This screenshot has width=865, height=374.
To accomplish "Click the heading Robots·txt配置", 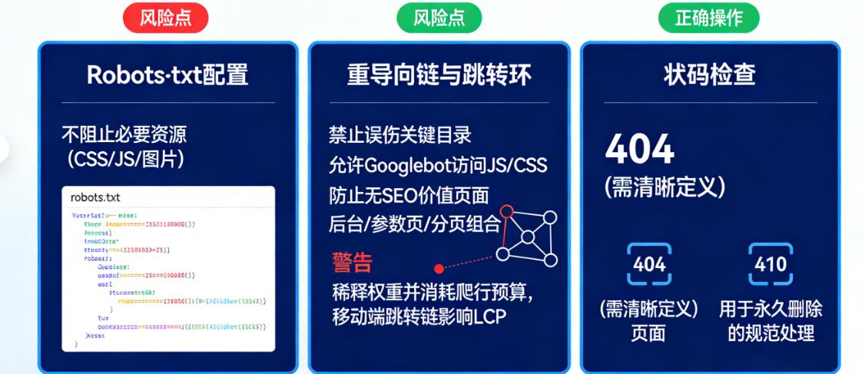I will [167, 74].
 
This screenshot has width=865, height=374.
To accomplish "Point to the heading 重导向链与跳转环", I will [439, 74].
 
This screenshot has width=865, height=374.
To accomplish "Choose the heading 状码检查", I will [709, 74].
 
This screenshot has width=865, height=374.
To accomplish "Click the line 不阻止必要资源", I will [124, 135].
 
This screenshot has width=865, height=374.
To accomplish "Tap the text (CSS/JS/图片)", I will [124, 160].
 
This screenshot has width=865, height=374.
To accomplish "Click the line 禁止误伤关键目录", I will [399, 135].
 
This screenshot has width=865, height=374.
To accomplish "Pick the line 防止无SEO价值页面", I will [409, 195].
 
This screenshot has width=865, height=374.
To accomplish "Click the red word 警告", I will [352, 263].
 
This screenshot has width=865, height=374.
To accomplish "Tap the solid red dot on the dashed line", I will [439, 269].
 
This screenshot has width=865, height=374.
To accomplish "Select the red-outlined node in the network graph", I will [506, 210].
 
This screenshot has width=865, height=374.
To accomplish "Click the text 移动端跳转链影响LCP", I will [419, 316].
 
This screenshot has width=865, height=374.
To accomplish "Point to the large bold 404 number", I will [639, 148].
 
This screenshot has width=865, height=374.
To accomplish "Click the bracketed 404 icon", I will [649, 264].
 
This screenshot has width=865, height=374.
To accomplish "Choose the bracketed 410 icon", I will [771, 264].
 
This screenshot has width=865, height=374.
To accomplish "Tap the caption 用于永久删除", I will [771, 309].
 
